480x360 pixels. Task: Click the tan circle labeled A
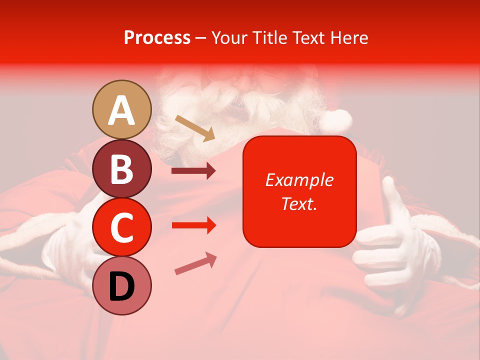pos(122,109)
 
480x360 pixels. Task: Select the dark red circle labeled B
pos(122,168)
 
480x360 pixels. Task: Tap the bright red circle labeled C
pos(122,227)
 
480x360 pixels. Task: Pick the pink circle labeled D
pos(122,285)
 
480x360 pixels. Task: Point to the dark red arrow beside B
pos(193,171)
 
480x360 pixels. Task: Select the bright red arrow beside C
pos(193,225)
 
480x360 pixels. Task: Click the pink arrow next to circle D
pos(195,263)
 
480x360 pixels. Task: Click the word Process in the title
pos(157,37)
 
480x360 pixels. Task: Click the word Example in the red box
pos(299,180)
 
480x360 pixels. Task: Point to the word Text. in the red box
pos(299,203)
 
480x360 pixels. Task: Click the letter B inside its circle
pos(122,169)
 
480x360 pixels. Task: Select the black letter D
pos(122,286)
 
